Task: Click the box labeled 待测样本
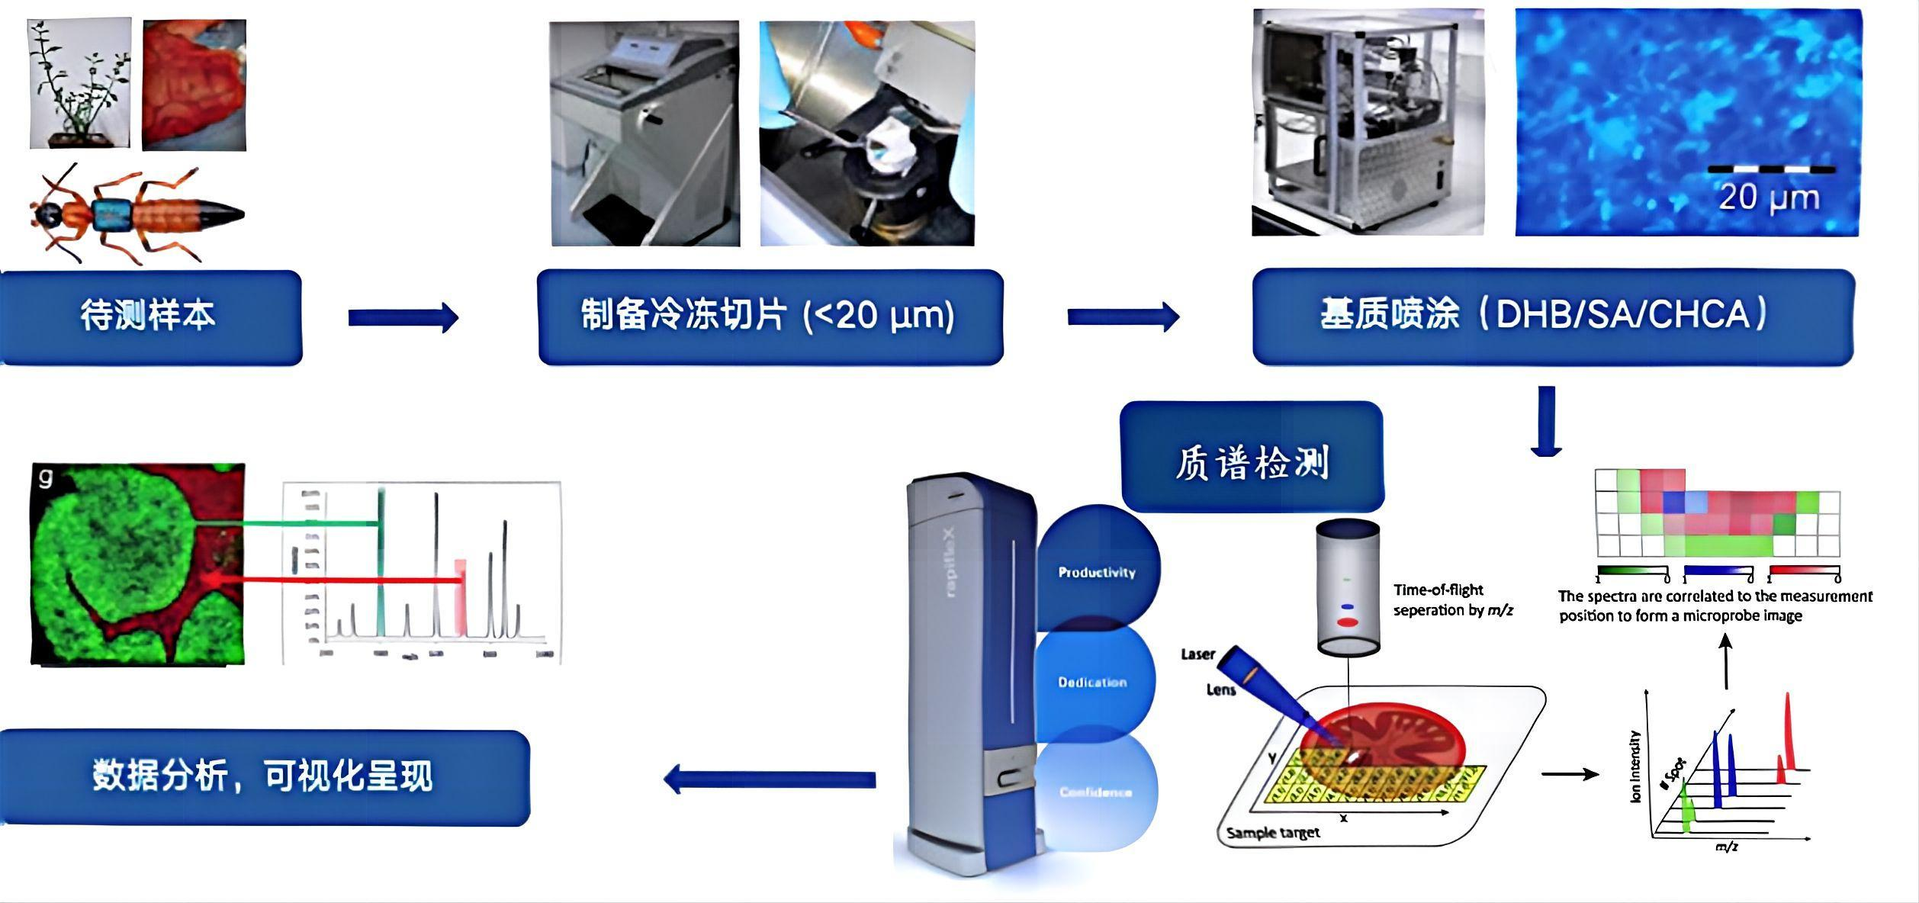pyautogui.click(x=149, y=317)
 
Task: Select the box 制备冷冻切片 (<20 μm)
pyautogui.click(x=770, y=317)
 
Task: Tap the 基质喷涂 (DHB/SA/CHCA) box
pyautogui.click(x=1552, y=317)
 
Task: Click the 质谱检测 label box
pyautogui.click(x=1252, y=458)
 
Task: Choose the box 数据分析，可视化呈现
pyautogui.click(x=264, y=777)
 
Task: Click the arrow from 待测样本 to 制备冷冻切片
pyautogui.click(x=403, y=317)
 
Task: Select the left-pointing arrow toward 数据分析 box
pyautogui.click(x=770, y=779)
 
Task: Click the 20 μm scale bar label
pyautogui.click(x=1768, y=197)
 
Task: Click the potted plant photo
pyautogui.click(x=79, y=84)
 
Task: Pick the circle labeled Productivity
pyautogui.click(x=1097, y=572)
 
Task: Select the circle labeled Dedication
pyautogui.click(x=1092, y=682)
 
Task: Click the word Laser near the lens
pyautogui.click(x=1197, y=654)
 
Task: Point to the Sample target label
pyautogui.click(x=1272, y=833)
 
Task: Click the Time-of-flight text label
pyautogui.click(x=1438, y=590)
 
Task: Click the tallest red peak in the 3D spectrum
pyautogui.click(x=1787, y=732)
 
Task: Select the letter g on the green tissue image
pyautogui.click(x=47, y=478)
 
